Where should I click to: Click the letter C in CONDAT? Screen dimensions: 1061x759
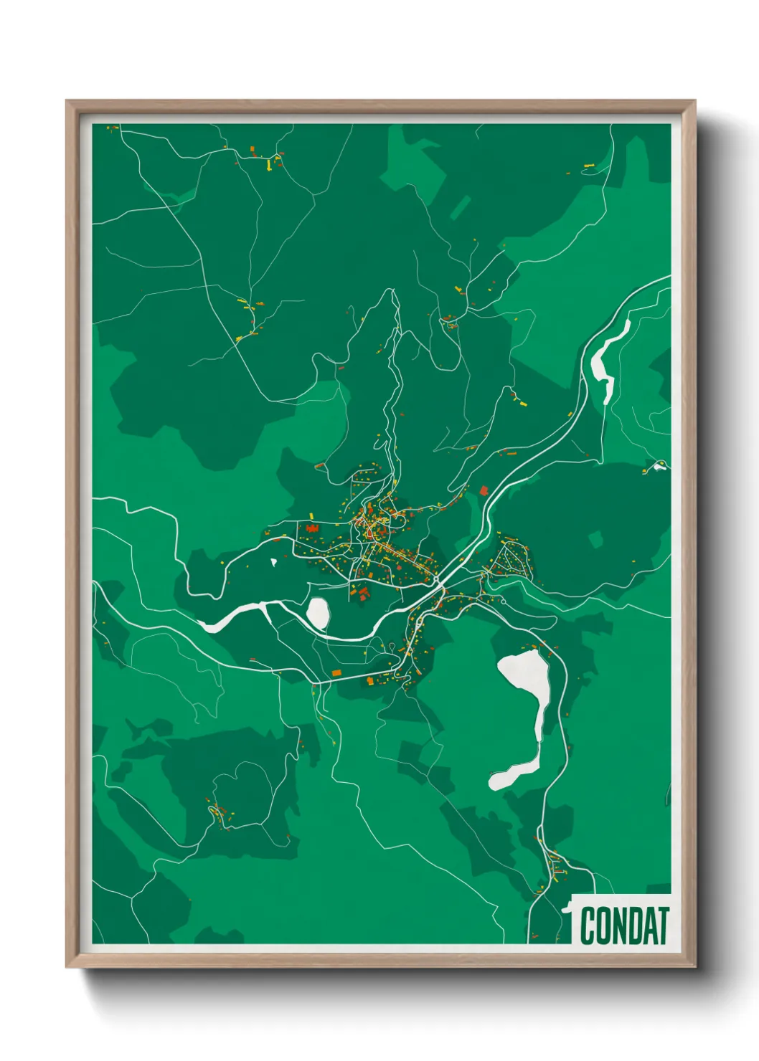[x=588, y=926]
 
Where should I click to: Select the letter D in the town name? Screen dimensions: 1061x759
[x=634, y=926]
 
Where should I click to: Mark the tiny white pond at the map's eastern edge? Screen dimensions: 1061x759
[x=657, y=468]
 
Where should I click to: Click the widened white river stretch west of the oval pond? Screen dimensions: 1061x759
[x=230, y=619]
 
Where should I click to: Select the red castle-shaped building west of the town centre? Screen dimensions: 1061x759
[x=312, y=528]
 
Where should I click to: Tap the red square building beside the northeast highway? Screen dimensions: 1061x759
[x=484, y=491]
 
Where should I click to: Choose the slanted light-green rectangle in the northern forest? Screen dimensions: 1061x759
[x=461, y=207]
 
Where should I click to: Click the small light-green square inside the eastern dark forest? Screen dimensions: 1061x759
[x=595, y=538]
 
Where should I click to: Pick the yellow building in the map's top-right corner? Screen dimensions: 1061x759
[x=590, y=166]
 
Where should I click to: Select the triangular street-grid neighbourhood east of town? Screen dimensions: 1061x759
[x=512, y=559]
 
